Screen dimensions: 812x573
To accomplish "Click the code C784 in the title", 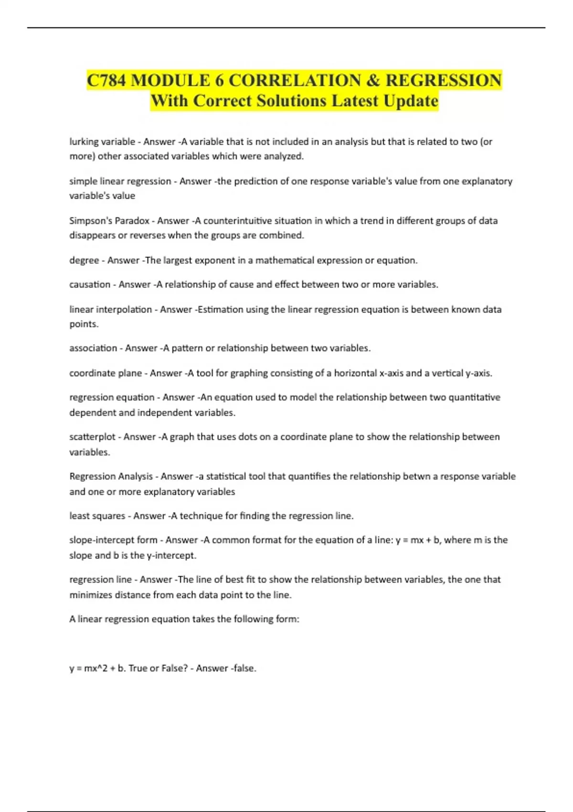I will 106,80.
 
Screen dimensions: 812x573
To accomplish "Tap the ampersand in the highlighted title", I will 372,80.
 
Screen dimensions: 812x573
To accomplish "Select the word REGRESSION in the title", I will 443,80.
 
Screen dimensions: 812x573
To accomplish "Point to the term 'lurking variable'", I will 102,141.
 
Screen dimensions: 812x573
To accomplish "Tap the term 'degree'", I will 84,260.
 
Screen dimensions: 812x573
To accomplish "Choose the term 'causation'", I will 90,285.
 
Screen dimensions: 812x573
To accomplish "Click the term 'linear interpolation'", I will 110,310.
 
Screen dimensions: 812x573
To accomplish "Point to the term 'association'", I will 93,348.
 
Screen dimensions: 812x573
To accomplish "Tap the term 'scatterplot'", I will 92,437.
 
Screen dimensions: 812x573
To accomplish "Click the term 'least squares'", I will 97,516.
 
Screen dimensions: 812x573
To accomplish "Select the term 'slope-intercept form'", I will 113,540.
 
